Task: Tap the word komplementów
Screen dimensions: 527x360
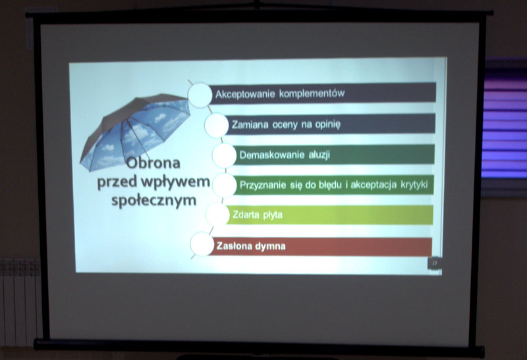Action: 312,93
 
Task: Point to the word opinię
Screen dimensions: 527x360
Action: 327,124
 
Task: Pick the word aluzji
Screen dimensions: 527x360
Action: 319,155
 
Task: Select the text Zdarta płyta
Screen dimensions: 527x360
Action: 258,215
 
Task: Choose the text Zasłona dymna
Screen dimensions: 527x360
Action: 251,246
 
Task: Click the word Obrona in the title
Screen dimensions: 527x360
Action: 153,163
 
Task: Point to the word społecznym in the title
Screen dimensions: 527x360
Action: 154,201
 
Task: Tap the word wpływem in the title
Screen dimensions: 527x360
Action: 175,182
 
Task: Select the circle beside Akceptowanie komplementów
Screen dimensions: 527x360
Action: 200,95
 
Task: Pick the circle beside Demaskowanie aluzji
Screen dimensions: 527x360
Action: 224,155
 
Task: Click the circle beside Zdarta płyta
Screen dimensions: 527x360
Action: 217,215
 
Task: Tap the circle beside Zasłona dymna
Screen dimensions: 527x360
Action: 202,244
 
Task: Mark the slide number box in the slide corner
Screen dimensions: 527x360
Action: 434,263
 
